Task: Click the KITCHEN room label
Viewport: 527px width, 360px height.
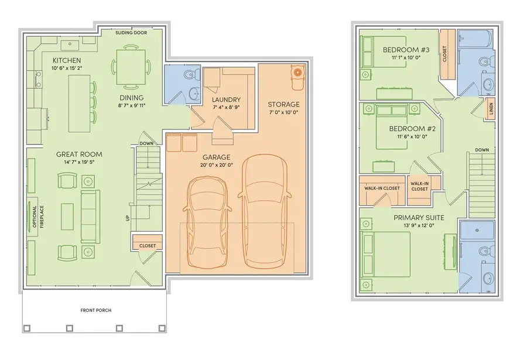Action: (x=66, y=60)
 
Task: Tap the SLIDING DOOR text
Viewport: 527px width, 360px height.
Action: (x=132, y=33)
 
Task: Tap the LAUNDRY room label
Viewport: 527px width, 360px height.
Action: (x=226, y=100)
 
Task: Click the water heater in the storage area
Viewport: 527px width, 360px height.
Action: (x=298, y=73)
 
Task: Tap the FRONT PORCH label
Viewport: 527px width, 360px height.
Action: (x=97, y=310)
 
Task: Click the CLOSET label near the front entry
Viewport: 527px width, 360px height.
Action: (x=148, y=246)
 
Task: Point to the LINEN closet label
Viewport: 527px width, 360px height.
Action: (x=491, y=109)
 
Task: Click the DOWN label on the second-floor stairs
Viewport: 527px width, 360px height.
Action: (x=482, y=149)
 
